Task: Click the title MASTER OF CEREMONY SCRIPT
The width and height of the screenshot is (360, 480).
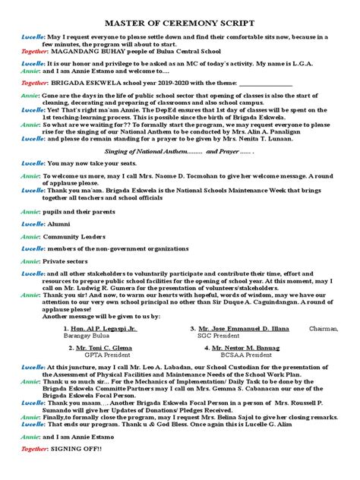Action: tap(179, 24)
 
